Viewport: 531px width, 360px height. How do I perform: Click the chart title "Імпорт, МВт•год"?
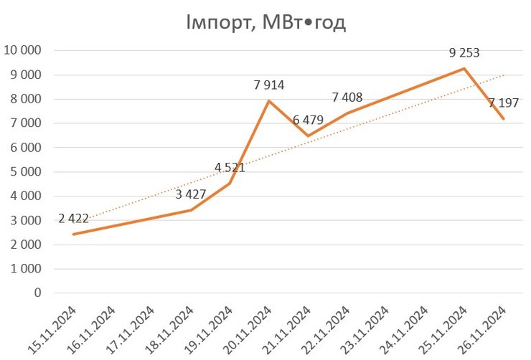coord(265,23)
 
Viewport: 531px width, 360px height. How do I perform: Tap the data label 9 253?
coord(464,52)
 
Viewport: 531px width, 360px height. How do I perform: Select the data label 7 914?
coord(269,85)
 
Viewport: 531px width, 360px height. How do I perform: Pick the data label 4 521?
coord(230,169)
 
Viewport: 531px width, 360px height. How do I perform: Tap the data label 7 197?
coord(504,103)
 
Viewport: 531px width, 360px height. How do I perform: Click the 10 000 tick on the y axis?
coord(24,51)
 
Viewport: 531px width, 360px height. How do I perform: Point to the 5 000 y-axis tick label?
coord(27,172)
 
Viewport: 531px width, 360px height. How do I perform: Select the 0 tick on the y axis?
coord(37,293)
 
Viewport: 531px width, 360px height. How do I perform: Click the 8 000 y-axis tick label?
coord(27,99)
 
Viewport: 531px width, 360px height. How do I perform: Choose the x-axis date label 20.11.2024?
coord(250,327)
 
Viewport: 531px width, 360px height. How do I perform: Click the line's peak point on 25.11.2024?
coord(464,69)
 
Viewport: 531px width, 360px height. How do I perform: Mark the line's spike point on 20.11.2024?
coord(269,101)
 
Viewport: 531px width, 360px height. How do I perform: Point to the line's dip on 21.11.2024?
coord(308,136)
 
